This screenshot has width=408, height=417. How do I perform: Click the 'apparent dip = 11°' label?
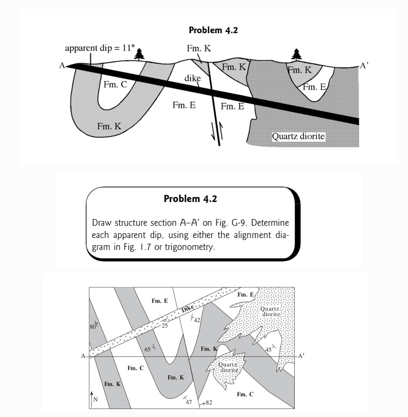click(x=100, y=48)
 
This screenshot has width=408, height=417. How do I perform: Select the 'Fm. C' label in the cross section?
click(x=115, y=84)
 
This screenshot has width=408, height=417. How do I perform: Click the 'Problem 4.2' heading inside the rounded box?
click(x=190, y=199)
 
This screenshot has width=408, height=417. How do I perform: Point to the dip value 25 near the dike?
click(x=164, y=326)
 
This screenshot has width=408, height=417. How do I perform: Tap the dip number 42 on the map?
click(x=197, y=320)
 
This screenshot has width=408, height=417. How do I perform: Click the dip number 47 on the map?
click(x=189, y=402)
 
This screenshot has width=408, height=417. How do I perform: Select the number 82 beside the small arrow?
click(x=208, y=403)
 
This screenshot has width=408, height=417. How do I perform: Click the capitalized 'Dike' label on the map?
click(x=187, y=310)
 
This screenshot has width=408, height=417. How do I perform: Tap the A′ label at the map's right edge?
click(x=301, y=355)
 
